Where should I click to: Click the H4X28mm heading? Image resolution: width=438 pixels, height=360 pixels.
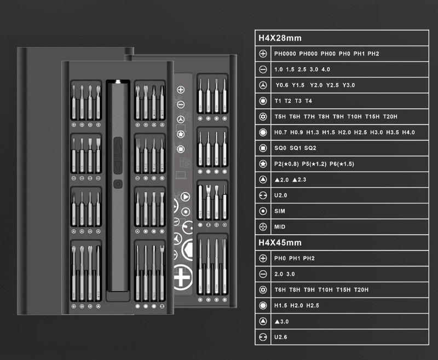click(280, 38)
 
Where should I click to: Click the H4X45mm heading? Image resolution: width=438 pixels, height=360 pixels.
click(280, 242)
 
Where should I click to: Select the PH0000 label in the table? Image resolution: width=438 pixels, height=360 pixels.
click(285, 54)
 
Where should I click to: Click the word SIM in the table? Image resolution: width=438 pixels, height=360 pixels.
click(280, 211)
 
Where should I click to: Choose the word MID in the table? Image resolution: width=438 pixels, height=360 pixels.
click(280, 227)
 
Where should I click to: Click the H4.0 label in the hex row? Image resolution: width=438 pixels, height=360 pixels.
click(408, 132)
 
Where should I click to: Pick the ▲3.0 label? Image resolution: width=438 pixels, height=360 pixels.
click(283, 321)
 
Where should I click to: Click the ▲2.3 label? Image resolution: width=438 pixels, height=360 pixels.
click(299, 179)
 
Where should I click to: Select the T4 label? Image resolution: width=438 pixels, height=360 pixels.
click(308, 101)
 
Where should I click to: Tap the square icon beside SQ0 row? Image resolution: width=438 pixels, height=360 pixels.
click(263, 148)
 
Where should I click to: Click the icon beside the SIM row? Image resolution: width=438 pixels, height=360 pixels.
click(263, 211)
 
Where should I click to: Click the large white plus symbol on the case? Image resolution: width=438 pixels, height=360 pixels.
click(181, 277)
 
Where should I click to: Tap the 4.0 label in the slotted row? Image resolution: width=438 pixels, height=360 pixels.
click(326, 69)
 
